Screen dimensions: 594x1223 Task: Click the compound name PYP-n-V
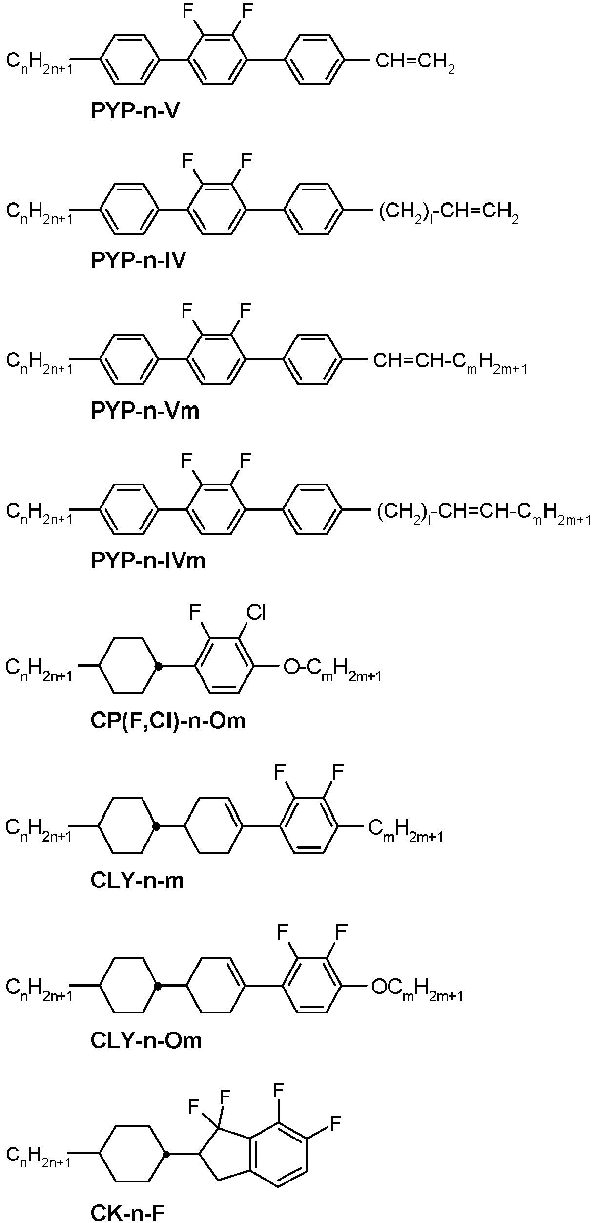pos(135,111)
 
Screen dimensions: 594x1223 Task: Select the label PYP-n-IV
pos(138,260)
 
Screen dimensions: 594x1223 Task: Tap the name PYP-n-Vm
pos(145,411)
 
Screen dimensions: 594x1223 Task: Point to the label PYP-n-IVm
pos(148,560)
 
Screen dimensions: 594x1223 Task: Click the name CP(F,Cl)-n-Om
pos(168,721)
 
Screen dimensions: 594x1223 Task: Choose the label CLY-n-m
pos(137,881)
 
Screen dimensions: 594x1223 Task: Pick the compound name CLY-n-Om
pos(146,1041)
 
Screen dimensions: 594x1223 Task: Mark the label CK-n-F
pos(127,1209)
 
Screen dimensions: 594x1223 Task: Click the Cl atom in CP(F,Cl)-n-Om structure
pos(256,612)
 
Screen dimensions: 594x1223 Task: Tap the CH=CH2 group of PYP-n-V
pos(415,63)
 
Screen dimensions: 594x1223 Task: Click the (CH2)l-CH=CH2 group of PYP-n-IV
pos(449,214)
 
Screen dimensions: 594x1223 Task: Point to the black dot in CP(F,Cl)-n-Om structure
pos(157,665)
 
